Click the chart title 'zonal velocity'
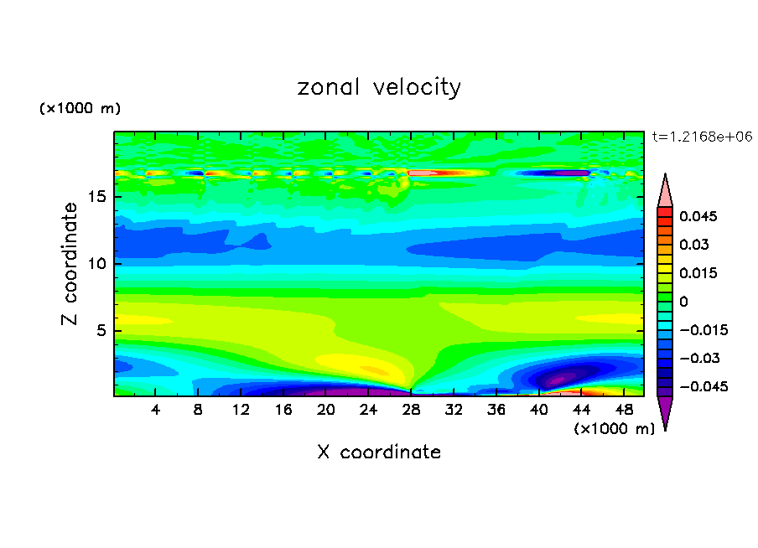379,87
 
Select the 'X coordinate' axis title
379,452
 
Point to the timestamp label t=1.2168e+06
701,136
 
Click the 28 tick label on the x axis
411,410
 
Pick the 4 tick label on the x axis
156,410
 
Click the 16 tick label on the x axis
283,410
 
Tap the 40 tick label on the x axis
538,410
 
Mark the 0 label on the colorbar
683,302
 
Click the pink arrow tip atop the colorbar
665,191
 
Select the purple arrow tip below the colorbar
665,411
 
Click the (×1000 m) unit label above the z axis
80,109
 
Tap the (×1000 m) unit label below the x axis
614,429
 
